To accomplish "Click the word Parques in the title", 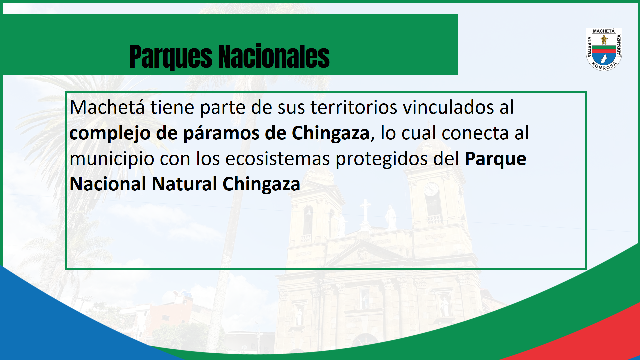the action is [x=171, y=57].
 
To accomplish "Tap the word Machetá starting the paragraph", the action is [x=107, y=107].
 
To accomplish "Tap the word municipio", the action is [x=112, y=159].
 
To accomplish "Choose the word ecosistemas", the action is [x=278, y=159].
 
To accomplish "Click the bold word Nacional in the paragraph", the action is [x=108, y=184].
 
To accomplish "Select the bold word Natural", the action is [x=185, y=184].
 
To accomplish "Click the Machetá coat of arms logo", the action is [x=604, y=49].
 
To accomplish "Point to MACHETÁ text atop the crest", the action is [x=604, y=31].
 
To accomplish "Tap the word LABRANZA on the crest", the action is [x=619, y=46].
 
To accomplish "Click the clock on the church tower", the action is [x=431, y=189].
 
